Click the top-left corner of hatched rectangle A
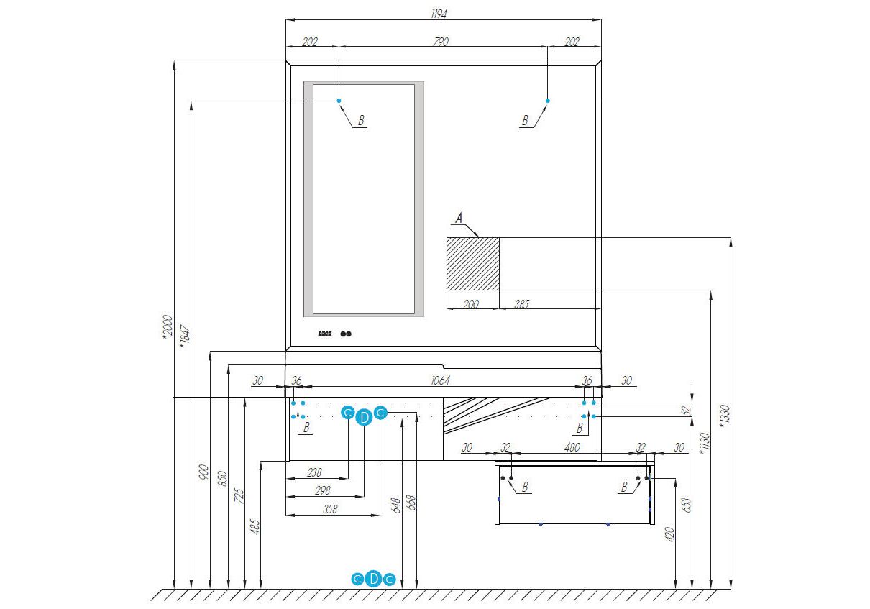pos(447,238)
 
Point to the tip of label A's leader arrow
pos(479,237)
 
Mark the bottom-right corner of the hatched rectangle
pos(499,290)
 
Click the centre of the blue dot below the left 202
pos(339,101)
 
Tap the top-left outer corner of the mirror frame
pos(286,60)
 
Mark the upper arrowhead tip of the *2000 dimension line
pos(175,60)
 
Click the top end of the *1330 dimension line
pos(731,238)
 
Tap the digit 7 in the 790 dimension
pos(436,42)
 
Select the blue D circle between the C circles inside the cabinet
pos(364,417)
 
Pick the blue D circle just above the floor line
pos(373,578)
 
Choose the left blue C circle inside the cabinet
pos(347,413)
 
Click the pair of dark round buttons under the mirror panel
pos(346,334)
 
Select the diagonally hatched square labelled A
pos(473,264)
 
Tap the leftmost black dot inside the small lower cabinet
pos(503,477)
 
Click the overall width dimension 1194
pos(439,14)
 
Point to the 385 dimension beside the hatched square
pos(521,304)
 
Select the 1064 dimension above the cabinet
pos(441,380)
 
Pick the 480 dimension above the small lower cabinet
pos(572,447)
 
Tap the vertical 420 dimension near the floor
pos(670,534)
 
